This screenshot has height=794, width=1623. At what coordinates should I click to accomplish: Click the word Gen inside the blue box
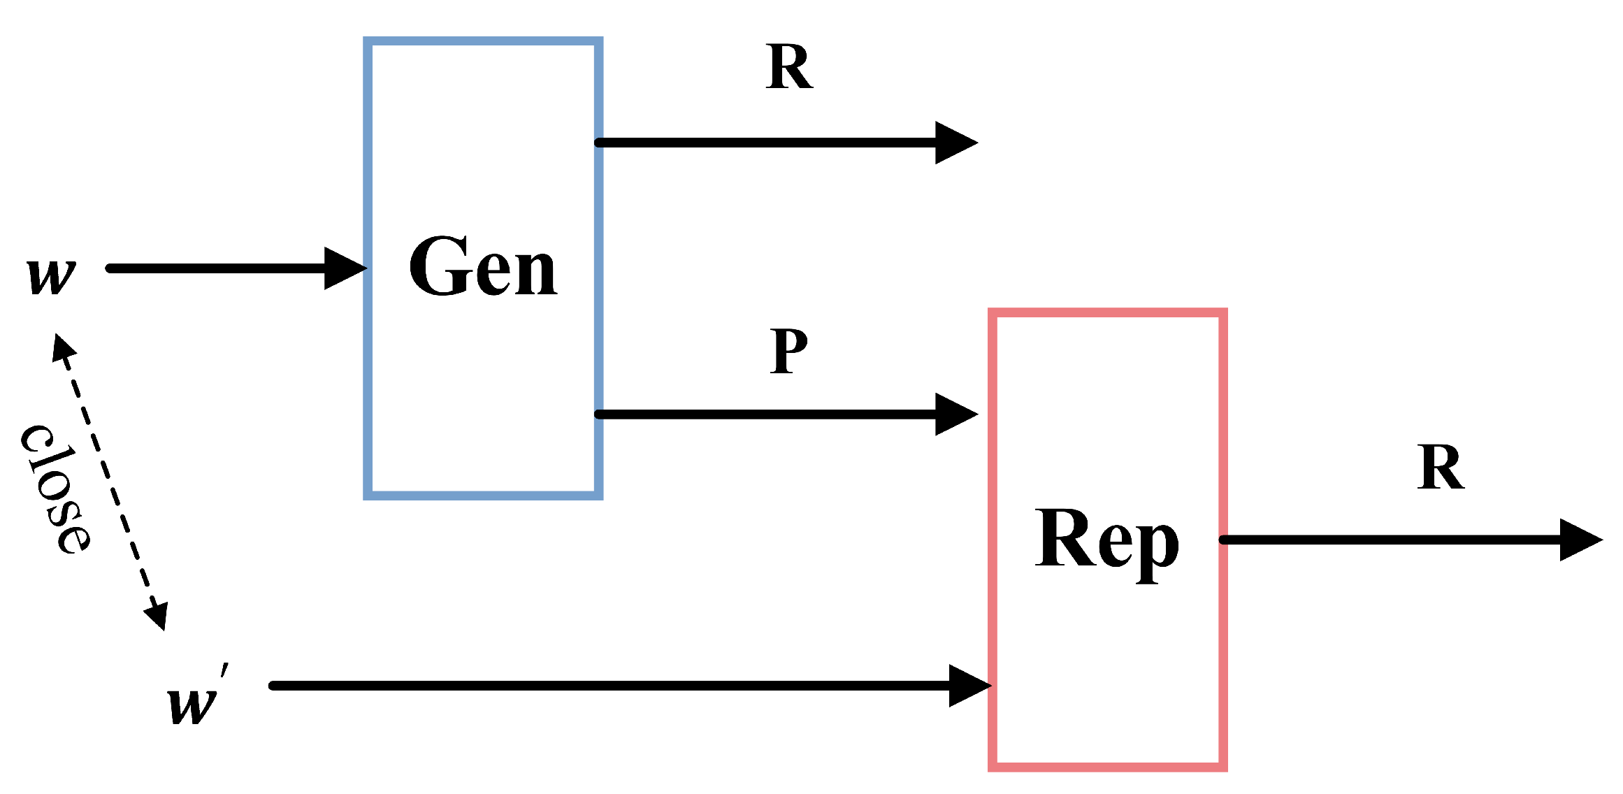[483, 267]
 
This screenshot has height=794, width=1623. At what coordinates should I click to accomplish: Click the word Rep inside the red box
[1107, 540]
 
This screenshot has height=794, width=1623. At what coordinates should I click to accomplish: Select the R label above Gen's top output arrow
[789, 67]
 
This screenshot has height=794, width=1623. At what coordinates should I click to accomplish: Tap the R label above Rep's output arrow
[1441, 468]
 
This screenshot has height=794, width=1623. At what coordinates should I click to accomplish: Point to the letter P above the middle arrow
[789, 351]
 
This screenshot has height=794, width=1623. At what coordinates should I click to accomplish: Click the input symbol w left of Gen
[51, 275]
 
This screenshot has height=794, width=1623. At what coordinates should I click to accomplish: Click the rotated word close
[56, 489]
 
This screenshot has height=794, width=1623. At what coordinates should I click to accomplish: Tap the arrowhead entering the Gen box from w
[345, 268]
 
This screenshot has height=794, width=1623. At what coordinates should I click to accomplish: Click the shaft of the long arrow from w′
[594, 686]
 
